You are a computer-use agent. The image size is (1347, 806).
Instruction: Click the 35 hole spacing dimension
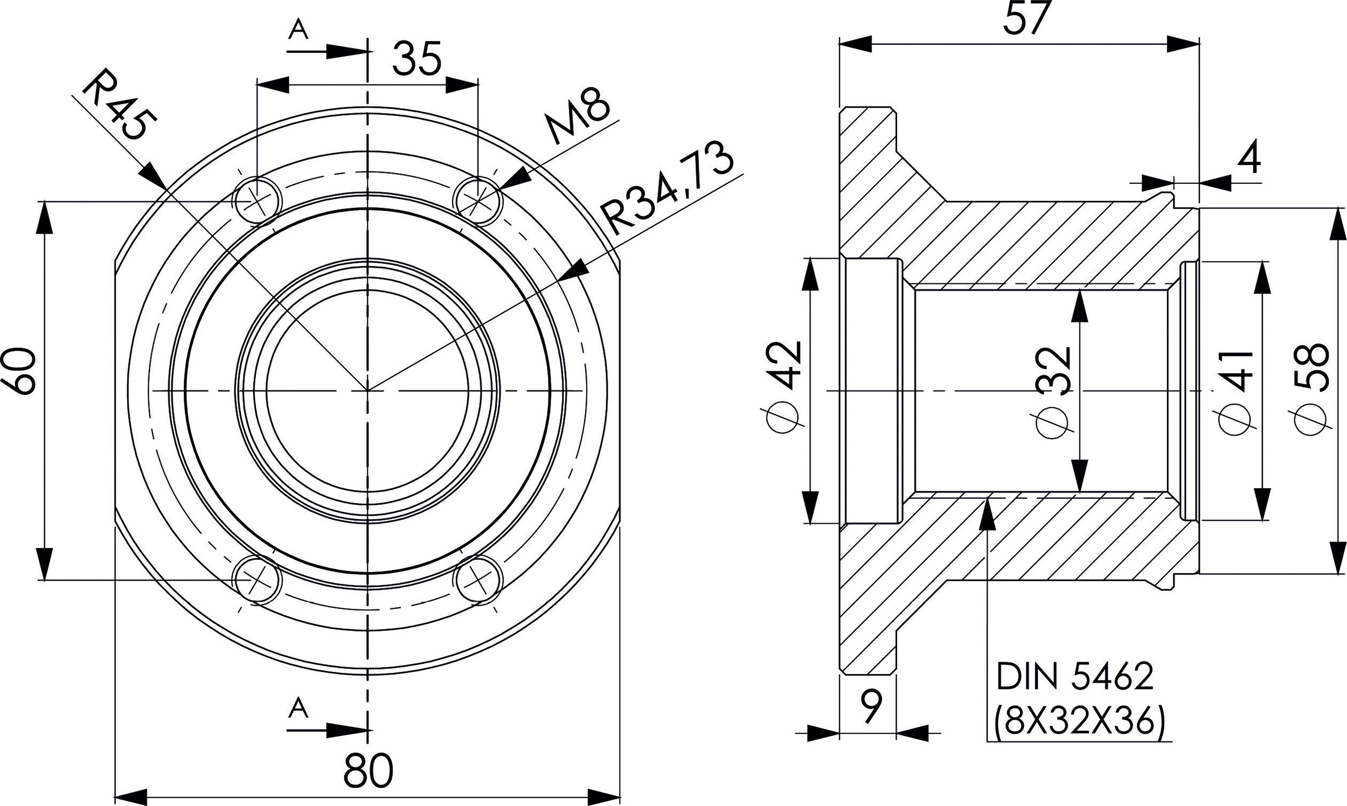pos(417,60)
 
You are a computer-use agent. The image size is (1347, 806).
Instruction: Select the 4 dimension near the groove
pos(1249,160)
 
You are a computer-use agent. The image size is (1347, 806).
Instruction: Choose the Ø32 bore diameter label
pos(1054,391)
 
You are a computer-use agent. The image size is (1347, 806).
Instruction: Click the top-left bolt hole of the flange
pos(258,200)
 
